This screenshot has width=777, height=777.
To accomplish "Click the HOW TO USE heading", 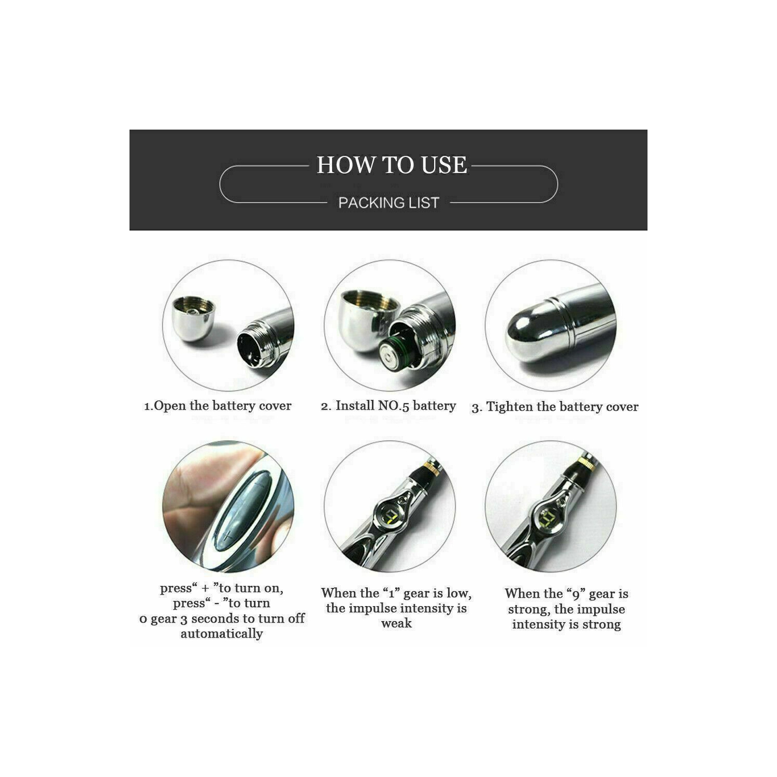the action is click(x=392, y=165).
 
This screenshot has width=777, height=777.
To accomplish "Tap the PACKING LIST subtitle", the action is click(x=388, y=203).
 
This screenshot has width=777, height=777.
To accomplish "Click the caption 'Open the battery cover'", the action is click(x=223, y=406).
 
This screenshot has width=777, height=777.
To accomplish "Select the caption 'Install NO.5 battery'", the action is click(x=396, y=406).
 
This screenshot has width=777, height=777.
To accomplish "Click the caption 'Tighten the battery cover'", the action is click(x=562, y=407).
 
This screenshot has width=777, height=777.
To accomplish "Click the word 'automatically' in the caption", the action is click(x=222, y=634).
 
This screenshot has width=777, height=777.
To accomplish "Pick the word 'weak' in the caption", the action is click(x=396, y=623).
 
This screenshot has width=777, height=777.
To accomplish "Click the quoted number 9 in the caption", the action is click(x=575, y=594).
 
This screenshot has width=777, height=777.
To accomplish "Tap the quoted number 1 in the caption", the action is click(x=391, y=593).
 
